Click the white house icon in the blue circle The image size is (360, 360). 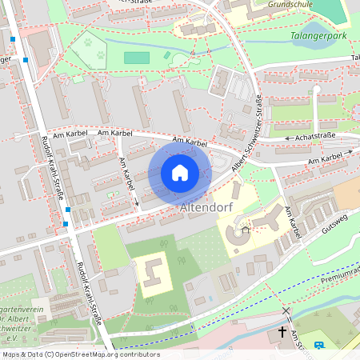tap(180, 173)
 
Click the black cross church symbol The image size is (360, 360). tap(282, 330)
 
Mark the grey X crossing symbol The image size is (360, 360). tap(286, 310)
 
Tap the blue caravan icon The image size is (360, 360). tap(320, 345)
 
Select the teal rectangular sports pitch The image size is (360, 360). tap(136, 58)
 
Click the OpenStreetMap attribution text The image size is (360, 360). tap(80, 354)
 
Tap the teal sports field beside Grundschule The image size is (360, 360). tap(328, 10)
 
